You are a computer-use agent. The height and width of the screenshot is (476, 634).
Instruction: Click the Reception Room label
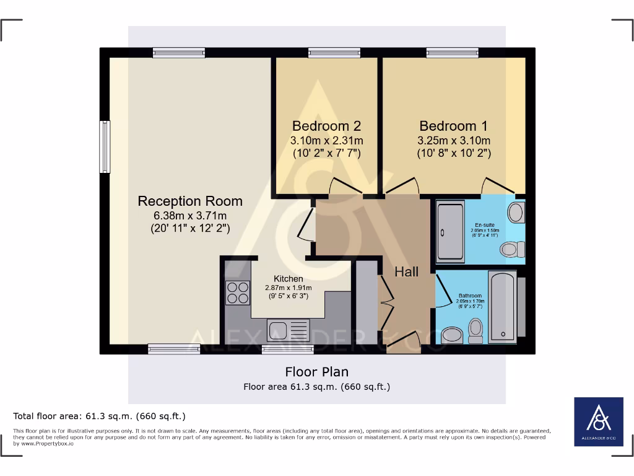pyautogui.click(x=190, y=201)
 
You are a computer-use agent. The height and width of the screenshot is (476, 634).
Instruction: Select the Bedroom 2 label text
pyautogui.click(x=326, y=126)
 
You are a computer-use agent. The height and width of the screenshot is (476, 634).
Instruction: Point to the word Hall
pyautogui.click(x=407, y=271)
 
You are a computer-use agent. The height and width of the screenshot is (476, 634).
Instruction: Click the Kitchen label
pyautogui.click(x=289, y=279)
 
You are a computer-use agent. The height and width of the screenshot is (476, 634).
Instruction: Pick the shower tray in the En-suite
pyautogui.click(x=450, y=231)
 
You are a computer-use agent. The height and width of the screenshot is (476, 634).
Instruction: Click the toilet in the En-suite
pyautogui.click(x=510, y=249)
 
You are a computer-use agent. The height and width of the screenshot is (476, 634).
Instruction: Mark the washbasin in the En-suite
pyautogui.click(x=515, y=213)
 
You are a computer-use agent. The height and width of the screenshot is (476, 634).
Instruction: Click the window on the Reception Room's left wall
pyautogui.click(x=105, y=147)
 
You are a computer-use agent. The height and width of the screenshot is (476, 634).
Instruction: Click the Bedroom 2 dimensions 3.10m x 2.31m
pyautogui.click(x=326, y=140)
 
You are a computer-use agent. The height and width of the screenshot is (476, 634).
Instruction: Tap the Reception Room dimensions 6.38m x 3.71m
pyautogui.click(x=190, y=216)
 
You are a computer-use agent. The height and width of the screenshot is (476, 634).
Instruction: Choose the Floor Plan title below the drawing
pyautogui.click(x=316, y=372)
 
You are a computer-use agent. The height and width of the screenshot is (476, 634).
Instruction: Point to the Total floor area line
pyautogui.click(x=100, y=416)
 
